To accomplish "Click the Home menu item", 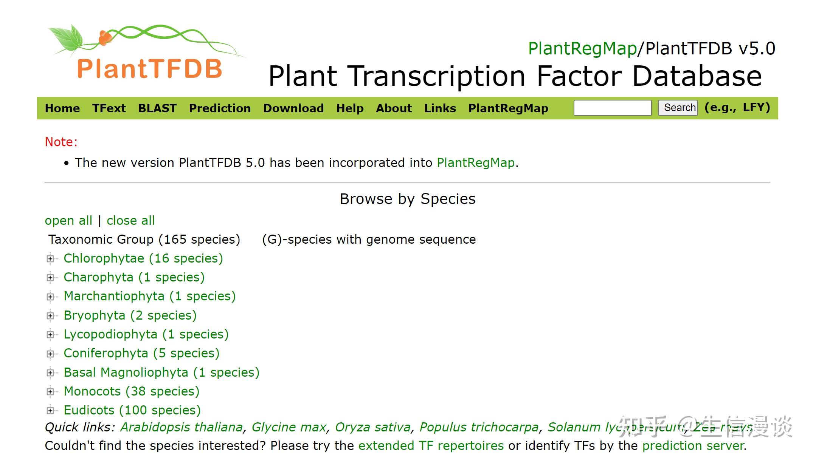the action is (62, 108).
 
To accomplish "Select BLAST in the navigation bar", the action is (157, 108).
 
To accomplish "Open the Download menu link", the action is (293, 108).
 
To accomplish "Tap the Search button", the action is (678, 108).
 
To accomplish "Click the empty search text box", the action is (613, 108).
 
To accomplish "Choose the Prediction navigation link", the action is (220, 108).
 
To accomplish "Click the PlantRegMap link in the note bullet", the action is (476, 163).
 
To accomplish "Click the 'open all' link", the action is (68, 221).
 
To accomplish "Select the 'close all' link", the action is (130, 221).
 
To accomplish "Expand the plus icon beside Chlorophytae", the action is (50, 259).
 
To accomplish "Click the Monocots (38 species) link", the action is (131, 391).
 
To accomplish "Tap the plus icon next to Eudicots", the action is (50, 410).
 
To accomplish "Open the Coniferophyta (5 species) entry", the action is (141, 353).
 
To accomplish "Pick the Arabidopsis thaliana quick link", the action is (182, 427).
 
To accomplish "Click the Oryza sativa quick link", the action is (373, 427).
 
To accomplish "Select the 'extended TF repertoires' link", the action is (431, 446).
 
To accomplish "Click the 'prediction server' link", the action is (693, 446).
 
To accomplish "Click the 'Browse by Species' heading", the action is (408, 199).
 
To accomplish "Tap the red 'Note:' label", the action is (61, 142).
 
